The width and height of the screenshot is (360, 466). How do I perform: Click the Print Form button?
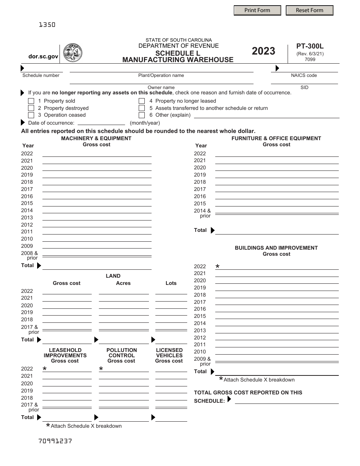257,10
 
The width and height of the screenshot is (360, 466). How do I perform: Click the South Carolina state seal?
72,53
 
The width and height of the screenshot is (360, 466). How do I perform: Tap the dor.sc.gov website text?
44,56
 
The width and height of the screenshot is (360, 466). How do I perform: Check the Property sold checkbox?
31,101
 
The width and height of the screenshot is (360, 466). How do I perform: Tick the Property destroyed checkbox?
31,108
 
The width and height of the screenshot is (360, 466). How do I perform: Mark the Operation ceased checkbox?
31,115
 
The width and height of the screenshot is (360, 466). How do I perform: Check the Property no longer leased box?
142,101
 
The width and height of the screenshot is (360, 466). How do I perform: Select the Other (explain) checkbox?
142,115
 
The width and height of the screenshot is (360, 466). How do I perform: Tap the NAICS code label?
304,75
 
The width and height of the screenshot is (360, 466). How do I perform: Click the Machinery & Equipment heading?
96,138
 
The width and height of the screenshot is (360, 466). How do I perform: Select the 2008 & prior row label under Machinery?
30,255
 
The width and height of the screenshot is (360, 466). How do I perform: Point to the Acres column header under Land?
123,283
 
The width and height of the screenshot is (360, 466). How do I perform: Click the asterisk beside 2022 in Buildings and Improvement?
218,267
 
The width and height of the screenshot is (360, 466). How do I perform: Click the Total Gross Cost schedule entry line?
286,401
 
